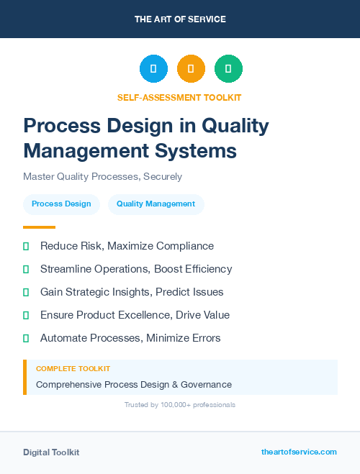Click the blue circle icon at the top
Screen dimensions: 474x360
coord(153,69)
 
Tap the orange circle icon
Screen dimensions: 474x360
coord(191,69)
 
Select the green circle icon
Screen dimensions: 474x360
coord(228,69)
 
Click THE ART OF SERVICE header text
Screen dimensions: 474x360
coord(180,19)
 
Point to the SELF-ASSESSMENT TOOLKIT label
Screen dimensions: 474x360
coord(179,97)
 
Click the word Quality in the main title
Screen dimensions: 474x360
coord(235,126)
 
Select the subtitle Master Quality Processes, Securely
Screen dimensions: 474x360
coord(102,176)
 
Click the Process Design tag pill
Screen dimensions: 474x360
coord(61,204)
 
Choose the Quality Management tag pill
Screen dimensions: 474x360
coord(156,204)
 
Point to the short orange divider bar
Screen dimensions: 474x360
coord(39,227)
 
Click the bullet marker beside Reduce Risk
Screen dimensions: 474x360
coord(26,246)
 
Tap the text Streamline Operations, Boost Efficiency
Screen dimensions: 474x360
coord(136,269)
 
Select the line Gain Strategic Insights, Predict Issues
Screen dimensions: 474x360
coord(132,292)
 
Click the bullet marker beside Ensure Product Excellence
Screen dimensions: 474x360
coord(26,315)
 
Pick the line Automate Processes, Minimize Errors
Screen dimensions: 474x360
coord(130,338)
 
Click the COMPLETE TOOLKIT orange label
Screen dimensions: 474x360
coord(73,368)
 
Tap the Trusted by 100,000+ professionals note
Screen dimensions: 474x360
coord(180,405)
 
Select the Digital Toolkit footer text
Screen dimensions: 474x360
coord(51,452)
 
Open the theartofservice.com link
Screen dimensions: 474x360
coord(299,452)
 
